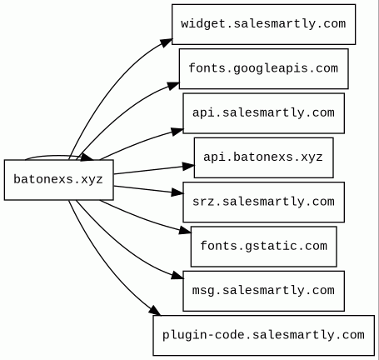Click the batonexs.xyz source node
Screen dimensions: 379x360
pos(59,180)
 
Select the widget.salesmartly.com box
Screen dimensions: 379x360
pos(263,24)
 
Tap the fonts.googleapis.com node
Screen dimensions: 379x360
pos(263,69)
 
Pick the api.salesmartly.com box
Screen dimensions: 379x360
pos(263,113)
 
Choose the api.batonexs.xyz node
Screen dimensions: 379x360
pos(263,157)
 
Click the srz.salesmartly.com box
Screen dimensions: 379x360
pos(263,202)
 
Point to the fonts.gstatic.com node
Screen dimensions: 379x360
pos(263,247)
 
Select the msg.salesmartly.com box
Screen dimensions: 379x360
pos(263,291)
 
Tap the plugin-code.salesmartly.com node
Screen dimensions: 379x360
pos(263,336)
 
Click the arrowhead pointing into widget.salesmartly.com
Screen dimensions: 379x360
pos(166,42)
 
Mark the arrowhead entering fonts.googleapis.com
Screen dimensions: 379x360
pos(173,85)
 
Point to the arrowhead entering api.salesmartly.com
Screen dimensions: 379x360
pos(177,131)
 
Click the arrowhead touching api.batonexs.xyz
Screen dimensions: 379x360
pos(188,167)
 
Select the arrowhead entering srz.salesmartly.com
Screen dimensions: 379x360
pos(177,192)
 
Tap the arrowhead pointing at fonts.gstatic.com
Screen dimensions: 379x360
pos(185,230)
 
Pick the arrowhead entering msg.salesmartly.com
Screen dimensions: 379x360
pos(177,276)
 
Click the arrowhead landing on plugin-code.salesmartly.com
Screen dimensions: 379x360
pos(155,311)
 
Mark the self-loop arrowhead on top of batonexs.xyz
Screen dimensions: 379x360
pos(87,157)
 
